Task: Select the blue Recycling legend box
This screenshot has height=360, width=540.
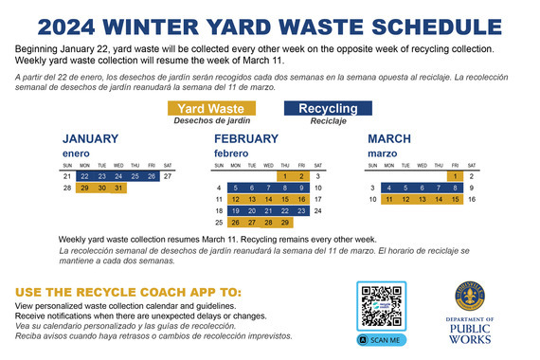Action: point(328,109)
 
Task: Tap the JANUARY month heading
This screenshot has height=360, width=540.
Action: point(91,138)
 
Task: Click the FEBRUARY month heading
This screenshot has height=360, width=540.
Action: point(246,138)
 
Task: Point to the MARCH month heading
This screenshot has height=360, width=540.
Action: point(388,138)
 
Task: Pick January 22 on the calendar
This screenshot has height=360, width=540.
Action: point(85,176)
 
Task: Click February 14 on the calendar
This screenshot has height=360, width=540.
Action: point(268,200)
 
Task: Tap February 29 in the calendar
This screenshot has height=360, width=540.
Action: point(285,223)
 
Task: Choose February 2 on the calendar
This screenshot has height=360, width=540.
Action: point(302,176)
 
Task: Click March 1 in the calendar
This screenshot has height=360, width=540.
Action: point(456,176)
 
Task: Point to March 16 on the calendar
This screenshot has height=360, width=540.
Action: point(471,200)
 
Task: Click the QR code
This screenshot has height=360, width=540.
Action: point(381,307)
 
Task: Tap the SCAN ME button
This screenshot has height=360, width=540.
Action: point(381,339)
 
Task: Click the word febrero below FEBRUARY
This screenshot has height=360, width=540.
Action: point(230,153)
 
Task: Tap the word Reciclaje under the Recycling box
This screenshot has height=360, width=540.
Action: point(328,121)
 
